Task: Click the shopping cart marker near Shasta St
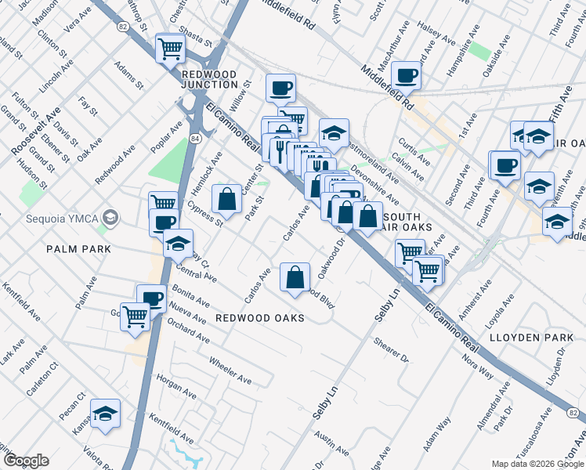[170, 49]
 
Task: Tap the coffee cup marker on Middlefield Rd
[406, 76]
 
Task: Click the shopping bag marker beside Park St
[226, 200]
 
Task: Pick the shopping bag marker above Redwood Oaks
[295, 278]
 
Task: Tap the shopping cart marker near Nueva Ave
[136, 316]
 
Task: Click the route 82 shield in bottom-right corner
[574, 413]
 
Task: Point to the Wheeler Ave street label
[230, 370]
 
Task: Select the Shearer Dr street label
[392, 351]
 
